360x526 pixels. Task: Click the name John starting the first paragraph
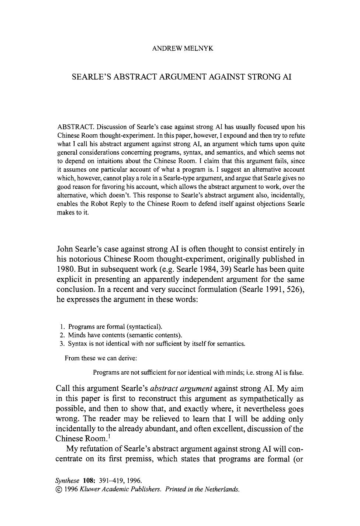66,249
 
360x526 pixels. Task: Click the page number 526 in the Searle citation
291,289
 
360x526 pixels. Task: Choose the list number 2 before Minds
62,335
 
